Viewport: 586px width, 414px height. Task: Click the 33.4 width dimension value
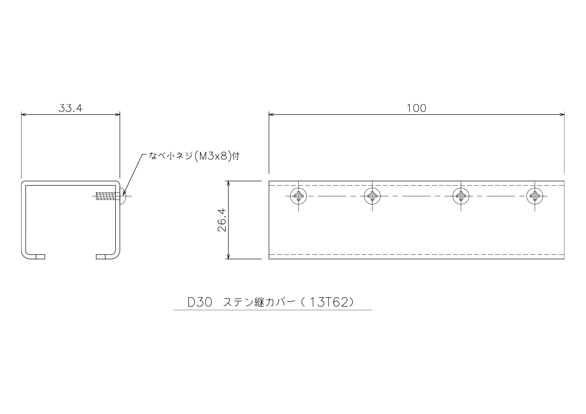(70, 108)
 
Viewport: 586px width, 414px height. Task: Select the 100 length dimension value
(416, 108)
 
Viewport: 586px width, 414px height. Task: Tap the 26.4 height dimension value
(222, 220)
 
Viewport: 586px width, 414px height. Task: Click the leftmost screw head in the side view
(299, 196)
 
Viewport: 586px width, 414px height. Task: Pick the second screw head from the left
(372, 196)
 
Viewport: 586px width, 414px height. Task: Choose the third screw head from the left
(461, 196)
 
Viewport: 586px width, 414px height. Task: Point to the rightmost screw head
(535, 196)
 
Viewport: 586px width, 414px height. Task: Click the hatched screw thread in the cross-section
(106, 196)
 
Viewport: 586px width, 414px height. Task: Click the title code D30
(200, 302)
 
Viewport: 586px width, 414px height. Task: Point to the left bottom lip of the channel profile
(37, 257)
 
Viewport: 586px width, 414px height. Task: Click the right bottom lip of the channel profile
(105, 257)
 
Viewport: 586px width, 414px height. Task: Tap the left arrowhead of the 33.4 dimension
(24, 115)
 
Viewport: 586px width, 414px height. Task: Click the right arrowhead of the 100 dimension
(562, 115)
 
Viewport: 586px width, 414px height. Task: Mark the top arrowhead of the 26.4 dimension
(228, 184)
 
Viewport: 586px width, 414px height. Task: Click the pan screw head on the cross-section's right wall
(123, 196)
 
